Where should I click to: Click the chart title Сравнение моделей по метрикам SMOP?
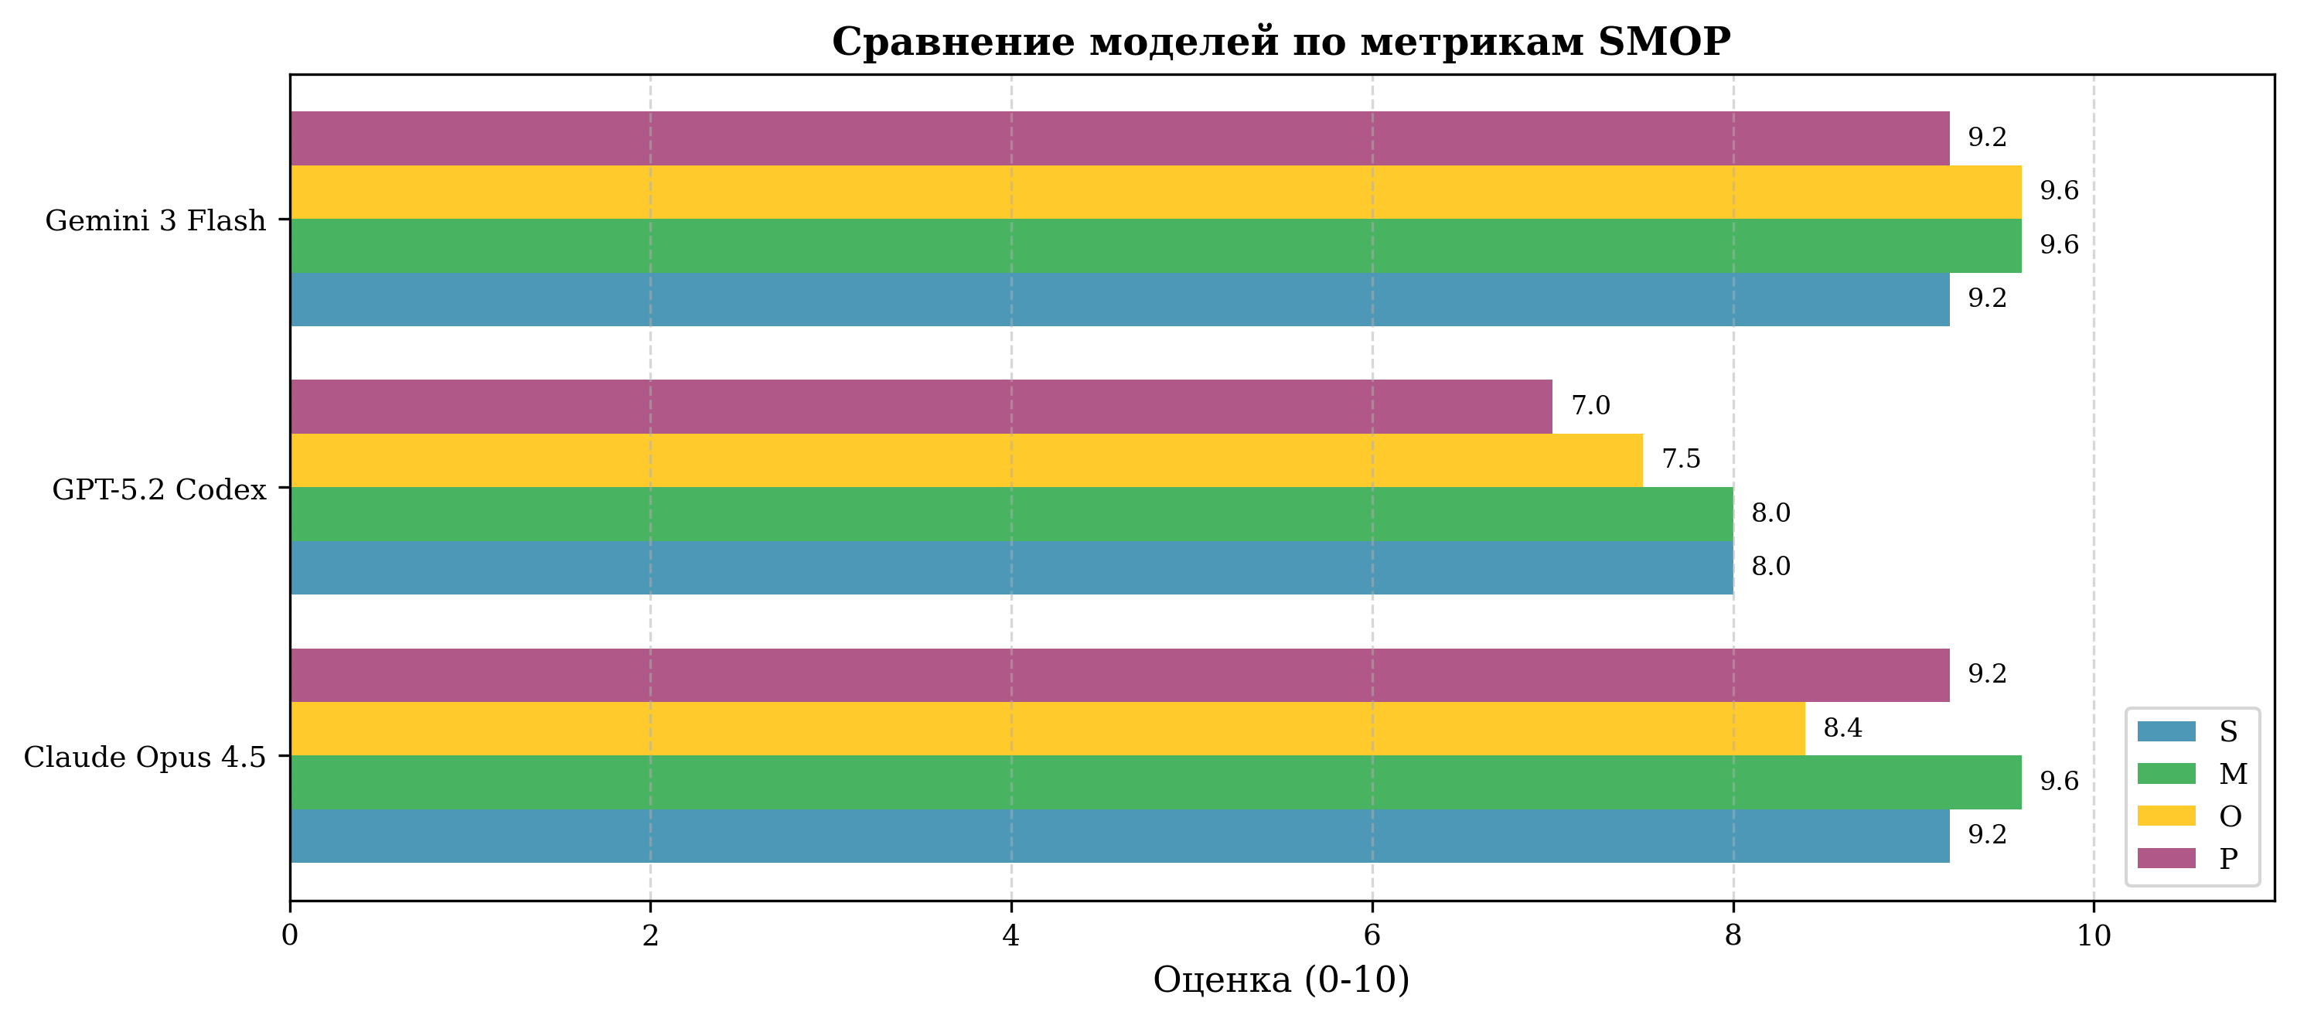1280,42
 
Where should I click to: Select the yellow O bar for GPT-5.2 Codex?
966,460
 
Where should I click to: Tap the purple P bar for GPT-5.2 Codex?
920,407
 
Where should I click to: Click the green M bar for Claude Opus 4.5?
1155,782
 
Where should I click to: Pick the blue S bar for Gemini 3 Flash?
1119,298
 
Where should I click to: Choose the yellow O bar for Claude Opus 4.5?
1047,728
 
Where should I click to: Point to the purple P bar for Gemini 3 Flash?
1119,138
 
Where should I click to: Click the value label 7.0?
1590,406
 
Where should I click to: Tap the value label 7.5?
1681,459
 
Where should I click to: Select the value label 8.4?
1842,728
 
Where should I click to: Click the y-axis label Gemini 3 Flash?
156,220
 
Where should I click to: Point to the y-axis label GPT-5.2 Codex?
159,489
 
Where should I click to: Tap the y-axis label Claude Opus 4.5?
145,757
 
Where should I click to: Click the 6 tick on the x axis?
1372,935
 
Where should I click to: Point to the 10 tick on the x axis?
2094,935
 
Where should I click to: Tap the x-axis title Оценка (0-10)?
1280,980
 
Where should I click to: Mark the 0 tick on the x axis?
290,935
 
